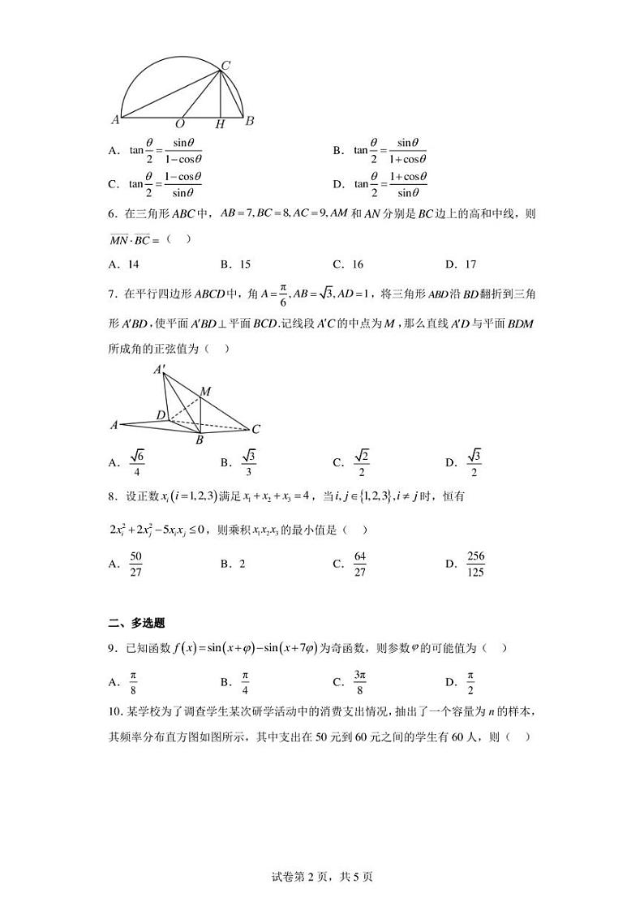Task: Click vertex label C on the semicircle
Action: pyautogui.click(x=226, y=65)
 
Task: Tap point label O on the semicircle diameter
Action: pyautogui.click(x=180, y=124)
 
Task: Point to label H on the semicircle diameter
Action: pyautogui.click(x=220, y=124)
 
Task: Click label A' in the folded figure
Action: pyautogui.click(x=160, y=371)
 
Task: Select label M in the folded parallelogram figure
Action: pyautogui.click(x=205, y=392)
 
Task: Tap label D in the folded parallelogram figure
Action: pyautogui.click(x=161, y=415)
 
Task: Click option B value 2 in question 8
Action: pyautogui.click(x=242, y=563)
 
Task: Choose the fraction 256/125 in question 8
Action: pyautogui.click(x=475, y=563)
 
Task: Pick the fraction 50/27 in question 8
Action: pyautogui.click(x=135, y=563)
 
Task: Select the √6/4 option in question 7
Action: pyautogui.click(x=136, y=462)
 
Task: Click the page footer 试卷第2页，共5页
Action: pyautogui.click(x=322, y=876)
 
